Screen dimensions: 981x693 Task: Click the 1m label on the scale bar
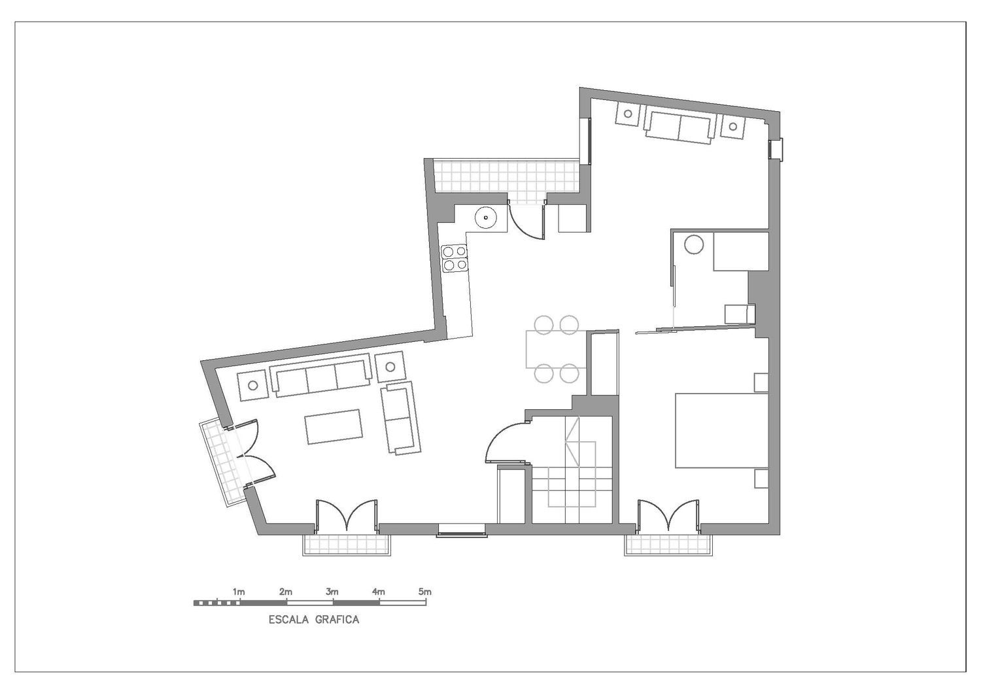click(x=239, y=592)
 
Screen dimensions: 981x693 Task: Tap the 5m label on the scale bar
click(x=425, y=592)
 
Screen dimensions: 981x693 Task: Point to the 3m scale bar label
click(x=332, y=592)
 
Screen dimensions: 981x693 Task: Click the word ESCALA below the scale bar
click(x=288, y=620)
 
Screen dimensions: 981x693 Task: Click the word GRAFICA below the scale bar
click(x=337, y=620)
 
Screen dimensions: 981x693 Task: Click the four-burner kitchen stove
click(x=454, y=258)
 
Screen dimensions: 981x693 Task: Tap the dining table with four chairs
click(x=556, y=349)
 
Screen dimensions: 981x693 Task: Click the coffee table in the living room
click(x=334, y=427)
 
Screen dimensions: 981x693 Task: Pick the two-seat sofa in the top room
click(x=680, y=127)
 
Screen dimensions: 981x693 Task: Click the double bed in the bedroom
click(x=722, y=431)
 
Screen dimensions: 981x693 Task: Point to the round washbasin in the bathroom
click(x=694, y=245)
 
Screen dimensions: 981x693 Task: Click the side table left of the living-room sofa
click(x=252, y=385)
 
